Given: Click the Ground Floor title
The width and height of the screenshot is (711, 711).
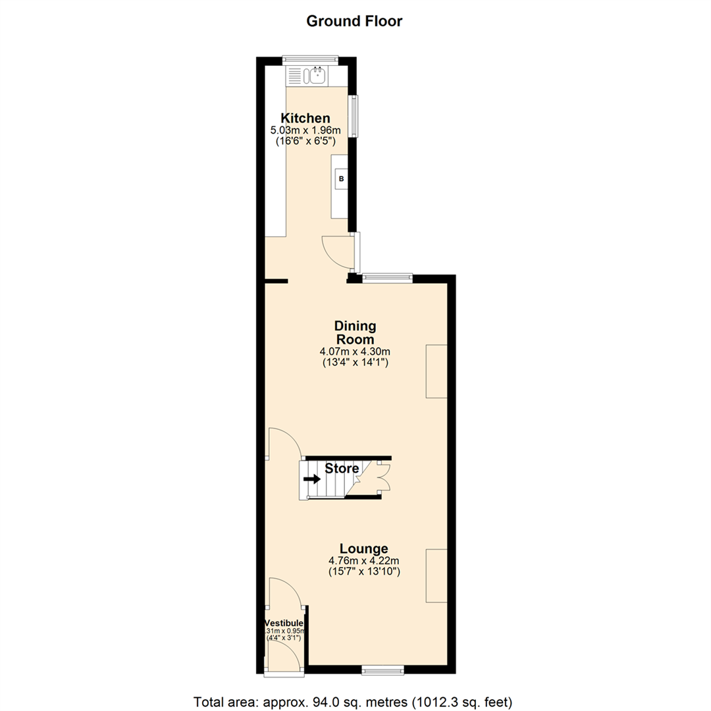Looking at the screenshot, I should (x=354, y=21).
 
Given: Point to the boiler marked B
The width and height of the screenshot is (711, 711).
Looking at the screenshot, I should (x=340, y=178).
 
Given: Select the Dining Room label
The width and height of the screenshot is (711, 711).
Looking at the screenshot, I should (x=355, y=332).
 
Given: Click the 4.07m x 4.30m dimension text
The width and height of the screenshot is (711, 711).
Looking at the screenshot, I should (x=354, y=352).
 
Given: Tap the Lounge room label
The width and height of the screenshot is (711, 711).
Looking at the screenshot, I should (x=363, y=548).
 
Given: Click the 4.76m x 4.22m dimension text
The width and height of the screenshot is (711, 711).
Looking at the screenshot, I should (x=364, y=562).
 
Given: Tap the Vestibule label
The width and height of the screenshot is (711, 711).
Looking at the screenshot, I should (x=284, y=623).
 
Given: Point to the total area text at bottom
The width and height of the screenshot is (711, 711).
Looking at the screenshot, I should (x=353, y=700).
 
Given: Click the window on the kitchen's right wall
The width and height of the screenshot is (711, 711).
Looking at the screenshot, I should (x=354, y=117).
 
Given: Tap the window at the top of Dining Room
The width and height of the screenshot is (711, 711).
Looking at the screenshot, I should (x=388, y=278).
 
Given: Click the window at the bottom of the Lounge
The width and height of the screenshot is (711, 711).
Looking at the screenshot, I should (x=383, y=670).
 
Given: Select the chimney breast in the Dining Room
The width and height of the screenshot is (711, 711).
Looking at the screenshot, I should (x=436, y=371).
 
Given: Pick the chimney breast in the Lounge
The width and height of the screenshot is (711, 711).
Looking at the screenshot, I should (x=436, y=575).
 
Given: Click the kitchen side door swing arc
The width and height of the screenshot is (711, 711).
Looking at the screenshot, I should (x=336, y=251).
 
